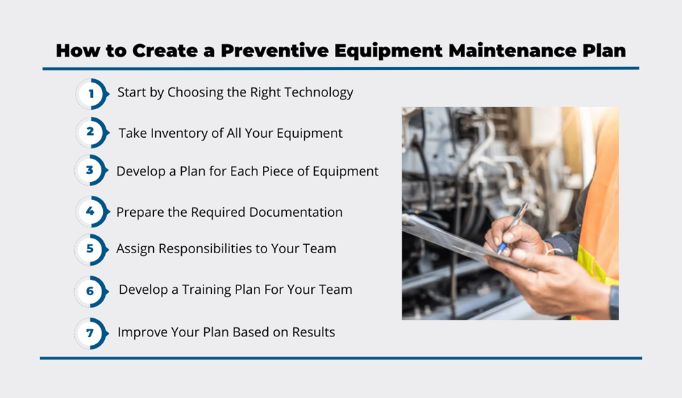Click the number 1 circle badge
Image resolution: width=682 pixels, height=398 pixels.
[92, 94]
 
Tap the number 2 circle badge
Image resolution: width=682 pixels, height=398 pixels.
[92, 132]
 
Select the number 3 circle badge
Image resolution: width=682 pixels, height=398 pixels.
[91, 170]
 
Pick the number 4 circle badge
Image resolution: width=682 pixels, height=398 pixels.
[92, 211]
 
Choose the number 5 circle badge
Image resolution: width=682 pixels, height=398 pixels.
[91, 249]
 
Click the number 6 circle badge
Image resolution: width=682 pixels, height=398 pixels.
[91, 291]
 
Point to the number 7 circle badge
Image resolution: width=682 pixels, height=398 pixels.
[91, 333]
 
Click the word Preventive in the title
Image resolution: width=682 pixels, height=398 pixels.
[275, 50]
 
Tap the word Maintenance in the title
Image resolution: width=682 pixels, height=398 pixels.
[512, 50]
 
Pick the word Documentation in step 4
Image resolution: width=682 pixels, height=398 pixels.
[296, 212]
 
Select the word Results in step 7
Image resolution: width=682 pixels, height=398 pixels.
[313, 332]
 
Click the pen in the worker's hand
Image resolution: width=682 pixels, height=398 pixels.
[513, 229]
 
